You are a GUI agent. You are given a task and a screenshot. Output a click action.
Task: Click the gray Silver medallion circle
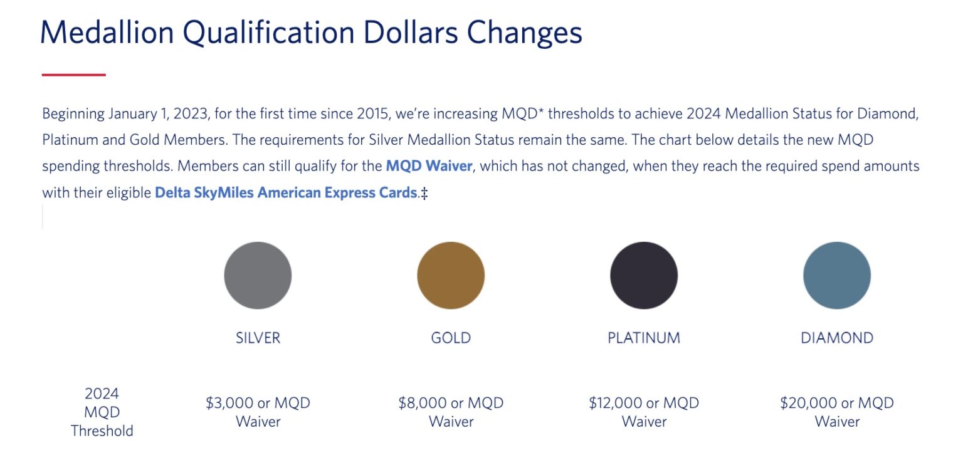coord(258,275)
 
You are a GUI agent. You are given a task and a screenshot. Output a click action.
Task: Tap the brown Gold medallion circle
coord(451,275)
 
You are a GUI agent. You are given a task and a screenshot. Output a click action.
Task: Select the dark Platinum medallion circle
coord(644,275)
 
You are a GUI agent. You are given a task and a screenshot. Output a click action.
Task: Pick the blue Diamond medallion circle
coord(837,275)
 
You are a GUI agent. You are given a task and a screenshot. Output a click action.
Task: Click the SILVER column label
coord(258,338)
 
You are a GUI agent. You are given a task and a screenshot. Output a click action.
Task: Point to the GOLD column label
coord(451,338)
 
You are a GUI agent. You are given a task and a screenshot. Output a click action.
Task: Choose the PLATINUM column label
coord(644,338)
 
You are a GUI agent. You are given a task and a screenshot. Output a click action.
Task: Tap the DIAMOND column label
coord(837,338)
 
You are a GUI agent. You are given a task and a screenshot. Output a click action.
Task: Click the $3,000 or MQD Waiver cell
coord(258,412)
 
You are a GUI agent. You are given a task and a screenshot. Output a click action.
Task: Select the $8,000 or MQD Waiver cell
coord(451,412)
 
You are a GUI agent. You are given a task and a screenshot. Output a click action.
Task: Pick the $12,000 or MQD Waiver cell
coord(644,412)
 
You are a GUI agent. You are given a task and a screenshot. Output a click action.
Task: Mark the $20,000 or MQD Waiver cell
coord(837,412)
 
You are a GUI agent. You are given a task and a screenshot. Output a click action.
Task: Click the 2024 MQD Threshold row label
coord(102,412)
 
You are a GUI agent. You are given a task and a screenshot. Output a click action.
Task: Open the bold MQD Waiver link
coord(429,166)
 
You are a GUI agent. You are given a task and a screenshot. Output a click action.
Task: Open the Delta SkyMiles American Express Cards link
coord(286,193)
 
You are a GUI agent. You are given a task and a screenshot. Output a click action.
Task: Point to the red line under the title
coord(73,75)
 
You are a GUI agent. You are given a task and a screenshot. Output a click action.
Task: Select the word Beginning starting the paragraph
coord(73,114)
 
